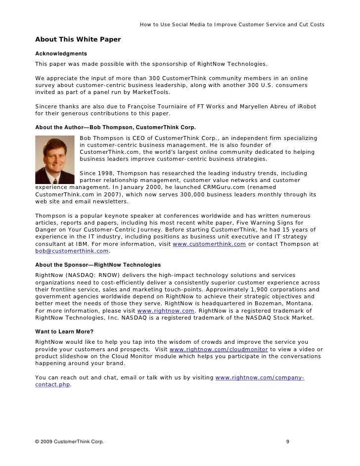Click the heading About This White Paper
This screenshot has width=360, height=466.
tap(78, 40)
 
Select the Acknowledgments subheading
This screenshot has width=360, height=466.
tap(61, 53)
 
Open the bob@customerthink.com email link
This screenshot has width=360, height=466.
tap(71, 252)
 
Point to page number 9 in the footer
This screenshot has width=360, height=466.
tap(288, 441)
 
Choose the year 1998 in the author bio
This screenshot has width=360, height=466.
tap(108, 173)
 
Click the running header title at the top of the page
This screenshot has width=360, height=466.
tap(232, 24)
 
